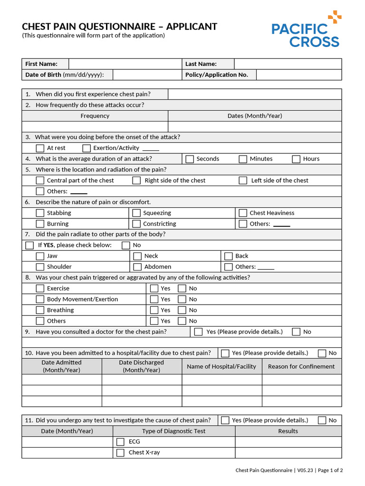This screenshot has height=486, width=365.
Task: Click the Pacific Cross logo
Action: [306, 29]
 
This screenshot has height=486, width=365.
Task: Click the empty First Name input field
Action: [125, 64]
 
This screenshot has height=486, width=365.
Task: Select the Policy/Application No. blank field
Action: [298, 75]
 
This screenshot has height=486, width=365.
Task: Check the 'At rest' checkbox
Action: [40, 148]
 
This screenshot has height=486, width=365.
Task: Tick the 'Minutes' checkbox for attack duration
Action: [243, 159]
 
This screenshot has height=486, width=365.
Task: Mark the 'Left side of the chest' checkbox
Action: [243, 180]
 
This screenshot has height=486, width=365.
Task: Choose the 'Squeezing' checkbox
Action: [137, 213]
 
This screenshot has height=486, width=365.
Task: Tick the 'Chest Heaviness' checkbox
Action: [243, 213]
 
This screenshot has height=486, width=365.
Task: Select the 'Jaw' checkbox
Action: [40, 256]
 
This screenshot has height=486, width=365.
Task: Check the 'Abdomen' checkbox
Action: [137, 267]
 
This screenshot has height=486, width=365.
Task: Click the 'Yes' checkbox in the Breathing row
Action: [154, 310]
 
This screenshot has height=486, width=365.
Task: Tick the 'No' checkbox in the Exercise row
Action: [182, 289]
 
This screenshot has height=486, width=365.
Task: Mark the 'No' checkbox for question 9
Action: [297, 332]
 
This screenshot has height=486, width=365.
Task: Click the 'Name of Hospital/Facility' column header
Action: [221, 366]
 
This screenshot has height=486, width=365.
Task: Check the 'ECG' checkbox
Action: [121, 442]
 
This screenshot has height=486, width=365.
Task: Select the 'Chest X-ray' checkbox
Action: [121, 453]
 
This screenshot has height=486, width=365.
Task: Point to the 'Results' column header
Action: [288, 431]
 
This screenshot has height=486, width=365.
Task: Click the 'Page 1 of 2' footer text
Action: [330, 470]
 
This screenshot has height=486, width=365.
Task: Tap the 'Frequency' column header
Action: [95, 116]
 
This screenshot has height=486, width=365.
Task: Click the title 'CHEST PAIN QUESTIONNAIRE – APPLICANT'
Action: [120, 27]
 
